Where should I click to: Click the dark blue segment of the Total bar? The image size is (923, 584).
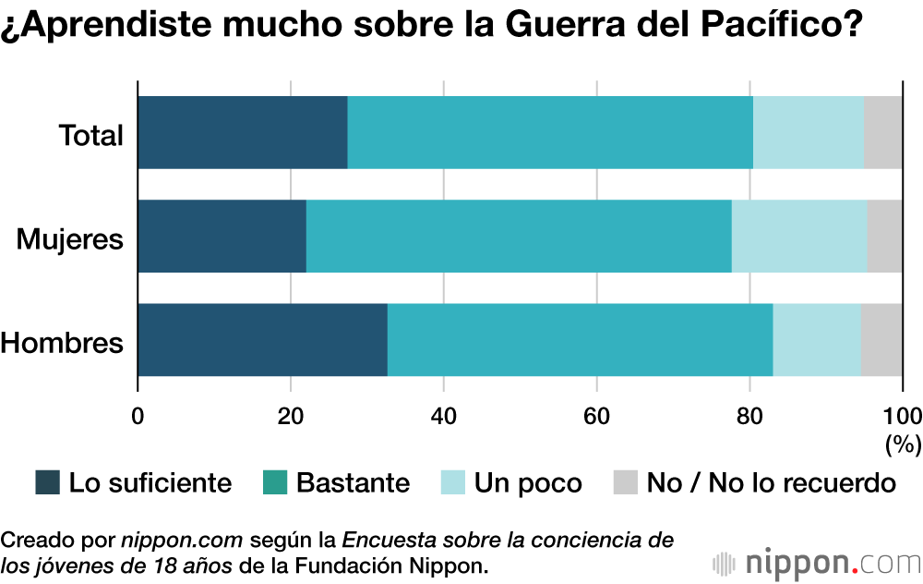243,132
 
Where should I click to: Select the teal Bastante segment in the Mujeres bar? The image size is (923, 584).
519,236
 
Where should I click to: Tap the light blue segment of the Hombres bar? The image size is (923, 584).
817,339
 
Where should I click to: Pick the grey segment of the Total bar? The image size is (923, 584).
883,132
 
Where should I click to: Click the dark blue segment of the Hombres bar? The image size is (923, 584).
263,339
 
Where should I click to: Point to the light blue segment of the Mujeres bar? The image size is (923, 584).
799,236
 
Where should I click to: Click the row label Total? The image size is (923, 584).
91,136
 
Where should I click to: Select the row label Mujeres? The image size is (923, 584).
70,239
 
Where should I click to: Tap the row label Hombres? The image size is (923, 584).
62,343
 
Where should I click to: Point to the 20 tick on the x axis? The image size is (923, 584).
291,415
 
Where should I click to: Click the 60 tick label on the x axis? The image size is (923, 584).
596,415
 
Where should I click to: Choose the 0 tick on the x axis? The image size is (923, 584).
138,415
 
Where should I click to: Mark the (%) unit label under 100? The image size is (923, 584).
904,444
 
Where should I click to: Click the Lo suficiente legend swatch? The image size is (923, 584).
47,482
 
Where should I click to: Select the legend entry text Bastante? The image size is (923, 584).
353,482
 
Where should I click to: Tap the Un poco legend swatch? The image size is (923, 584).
452,482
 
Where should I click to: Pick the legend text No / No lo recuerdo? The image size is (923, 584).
772,482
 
